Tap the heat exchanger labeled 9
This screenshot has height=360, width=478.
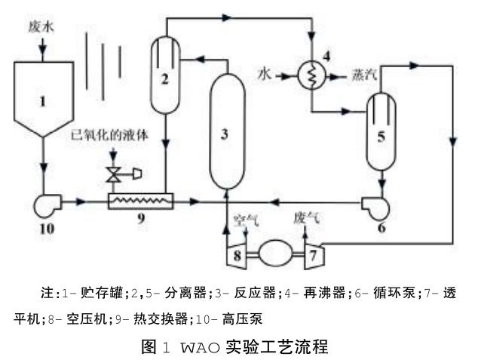point(140,202)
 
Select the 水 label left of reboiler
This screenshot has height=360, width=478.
point(263,75)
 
